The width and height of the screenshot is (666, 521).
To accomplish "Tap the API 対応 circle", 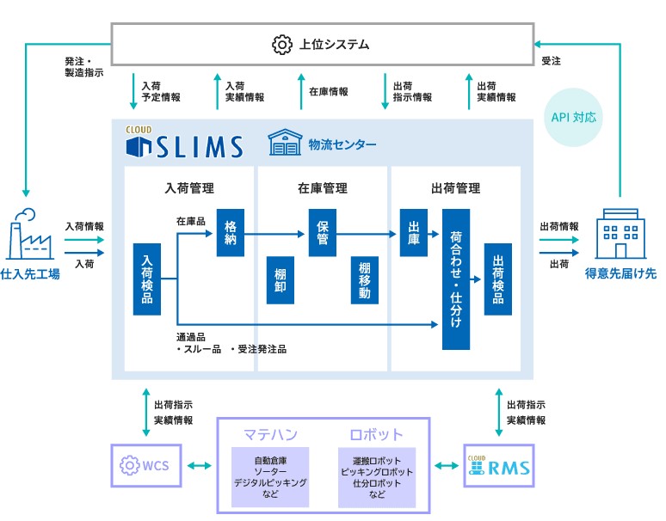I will click(574, 115).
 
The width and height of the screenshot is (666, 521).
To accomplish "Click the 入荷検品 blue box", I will click(147, 279).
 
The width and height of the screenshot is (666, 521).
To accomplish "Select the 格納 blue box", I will click(231, 231).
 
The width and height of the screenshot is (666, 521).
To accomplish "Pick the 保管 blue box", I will click(323, 232).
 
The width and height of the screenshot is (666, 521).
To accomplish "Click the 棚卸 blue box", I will click(280, 279).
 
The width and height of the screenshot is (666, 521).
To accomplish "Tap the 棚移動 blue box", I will click(365, 279).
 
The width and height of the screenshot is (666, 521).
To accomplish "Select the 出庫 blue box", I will click(414, 232).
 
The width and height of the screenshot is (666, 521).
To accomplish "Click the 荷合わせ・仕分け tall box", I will click(456, 279).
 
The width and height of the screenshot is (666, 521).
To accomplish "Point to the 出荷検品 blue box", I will click(498, 279).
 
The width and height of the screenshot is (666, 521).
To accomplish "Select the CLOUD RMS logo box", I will click(498, 466).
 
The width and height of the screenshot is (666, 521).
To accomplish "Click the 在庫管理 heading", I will click(323, 188).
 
